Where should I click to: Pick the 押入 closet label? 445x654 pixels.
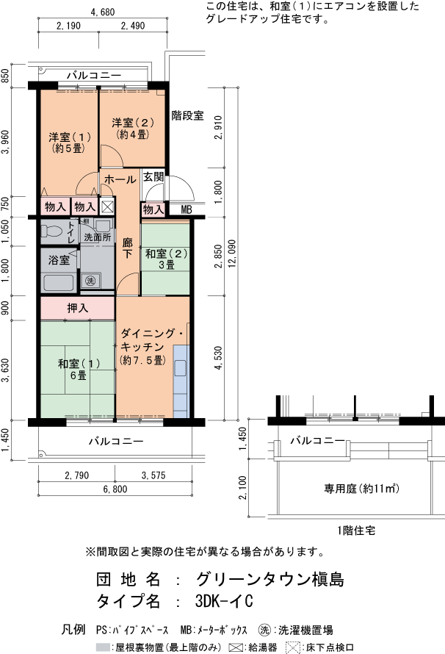point(78,308)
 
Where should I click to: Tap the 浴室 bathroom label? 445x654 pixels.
point(59,259)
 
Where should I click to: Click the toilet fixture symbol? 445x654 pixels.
point(53,231)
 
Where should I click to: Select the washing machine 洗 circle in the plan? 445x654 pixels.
point(90,281)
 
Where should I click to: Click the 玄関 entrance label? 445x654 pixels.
point(153,177)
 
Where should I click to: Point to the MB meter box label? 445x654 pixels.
point(186,210)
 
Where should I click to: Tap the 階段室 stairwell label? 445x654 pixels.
point(187,115)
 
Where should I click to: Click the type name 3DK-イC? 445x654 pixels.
point(224,601)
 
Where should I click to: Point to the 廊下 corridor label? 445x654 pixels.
point(128,248)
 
